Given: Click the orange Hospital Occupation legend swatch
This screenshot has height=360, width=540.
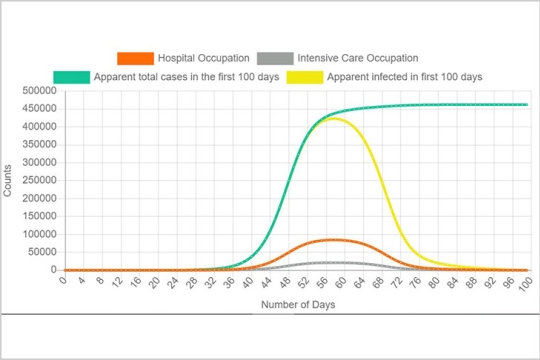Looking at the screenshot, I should [x=135, y=58].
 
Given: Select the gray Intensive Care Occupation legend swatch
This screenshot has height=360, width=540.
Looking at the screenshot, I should [x=275, y=58].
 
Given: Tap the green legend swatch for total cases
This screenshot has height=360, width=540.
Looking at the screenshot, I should [x=71, y=76].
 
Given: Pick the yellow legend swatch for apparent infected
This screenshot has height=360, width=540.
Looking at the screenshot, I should [x=305, y=76].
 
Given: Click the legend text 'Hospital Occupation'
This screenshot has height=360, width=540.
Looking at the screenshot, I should [x=203, y=58].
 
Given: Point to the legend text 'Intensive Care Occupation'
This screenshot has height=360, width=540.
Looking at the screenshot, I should [x=357, y=58].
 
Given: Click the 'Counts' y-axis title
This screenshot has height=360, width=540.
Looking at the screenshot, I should [x=9, y=180].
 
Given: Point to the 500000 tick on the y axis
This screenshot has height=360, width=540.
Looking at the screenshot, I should [x=37, y=91].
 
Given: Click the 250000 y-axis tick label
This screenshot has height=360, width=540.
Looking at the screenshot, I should [x=37, y=180].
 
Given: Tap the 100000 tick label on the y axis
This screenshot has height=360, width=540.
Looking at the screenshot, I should [x=37, y=234].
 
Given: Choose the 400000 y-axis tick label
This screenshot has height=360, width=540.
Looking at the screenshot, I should [x=37, y=127].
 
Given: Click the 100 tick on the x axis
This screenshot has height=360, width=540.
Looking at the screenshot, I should [x=524, y=284].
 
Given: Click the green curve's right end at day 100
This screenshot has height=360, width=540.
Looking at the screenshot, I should [x=527, y=105].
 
